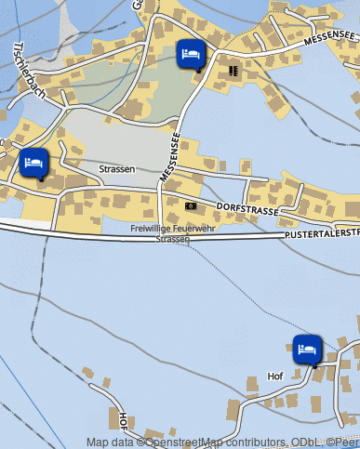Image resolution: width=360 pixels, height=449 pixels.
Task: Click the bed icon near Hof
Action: [x=307, y=350]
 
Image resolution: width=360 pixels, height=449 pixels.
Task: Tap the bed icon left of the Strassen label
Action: [x=33, y=163]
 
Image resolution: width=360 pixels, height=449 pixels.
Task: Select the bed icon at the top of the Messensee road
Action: [x=190, y=54]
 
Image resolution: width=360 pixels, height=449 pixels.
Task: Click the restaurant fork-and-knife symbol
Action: [x=233, y=70]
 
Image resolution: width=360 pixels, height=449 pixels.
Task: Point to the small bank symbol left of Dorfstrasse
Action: [x=191, y=205]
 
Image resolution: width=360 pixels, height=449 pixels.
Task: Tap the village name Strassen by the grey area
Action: [x=117, y=169]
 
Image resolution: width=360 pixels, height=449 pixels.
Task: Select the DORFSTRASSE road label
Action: [x=247, y=208]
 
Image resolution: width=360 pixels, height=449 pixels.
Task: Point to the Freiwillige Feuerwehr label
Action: [x=173, y=228]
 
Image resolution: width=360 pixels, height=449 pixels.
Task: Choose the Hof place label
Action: [x=274, y=376]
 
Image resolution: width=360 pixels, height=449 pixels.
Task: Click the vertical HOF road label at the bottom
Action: [x=124, y=421]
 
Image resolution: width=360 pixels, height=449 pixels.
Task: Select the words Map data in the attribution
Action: [x=111, y=442]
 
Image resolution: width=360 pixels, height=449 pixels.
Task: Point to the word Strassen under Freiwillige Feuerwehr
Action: [x=173, y=239]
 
